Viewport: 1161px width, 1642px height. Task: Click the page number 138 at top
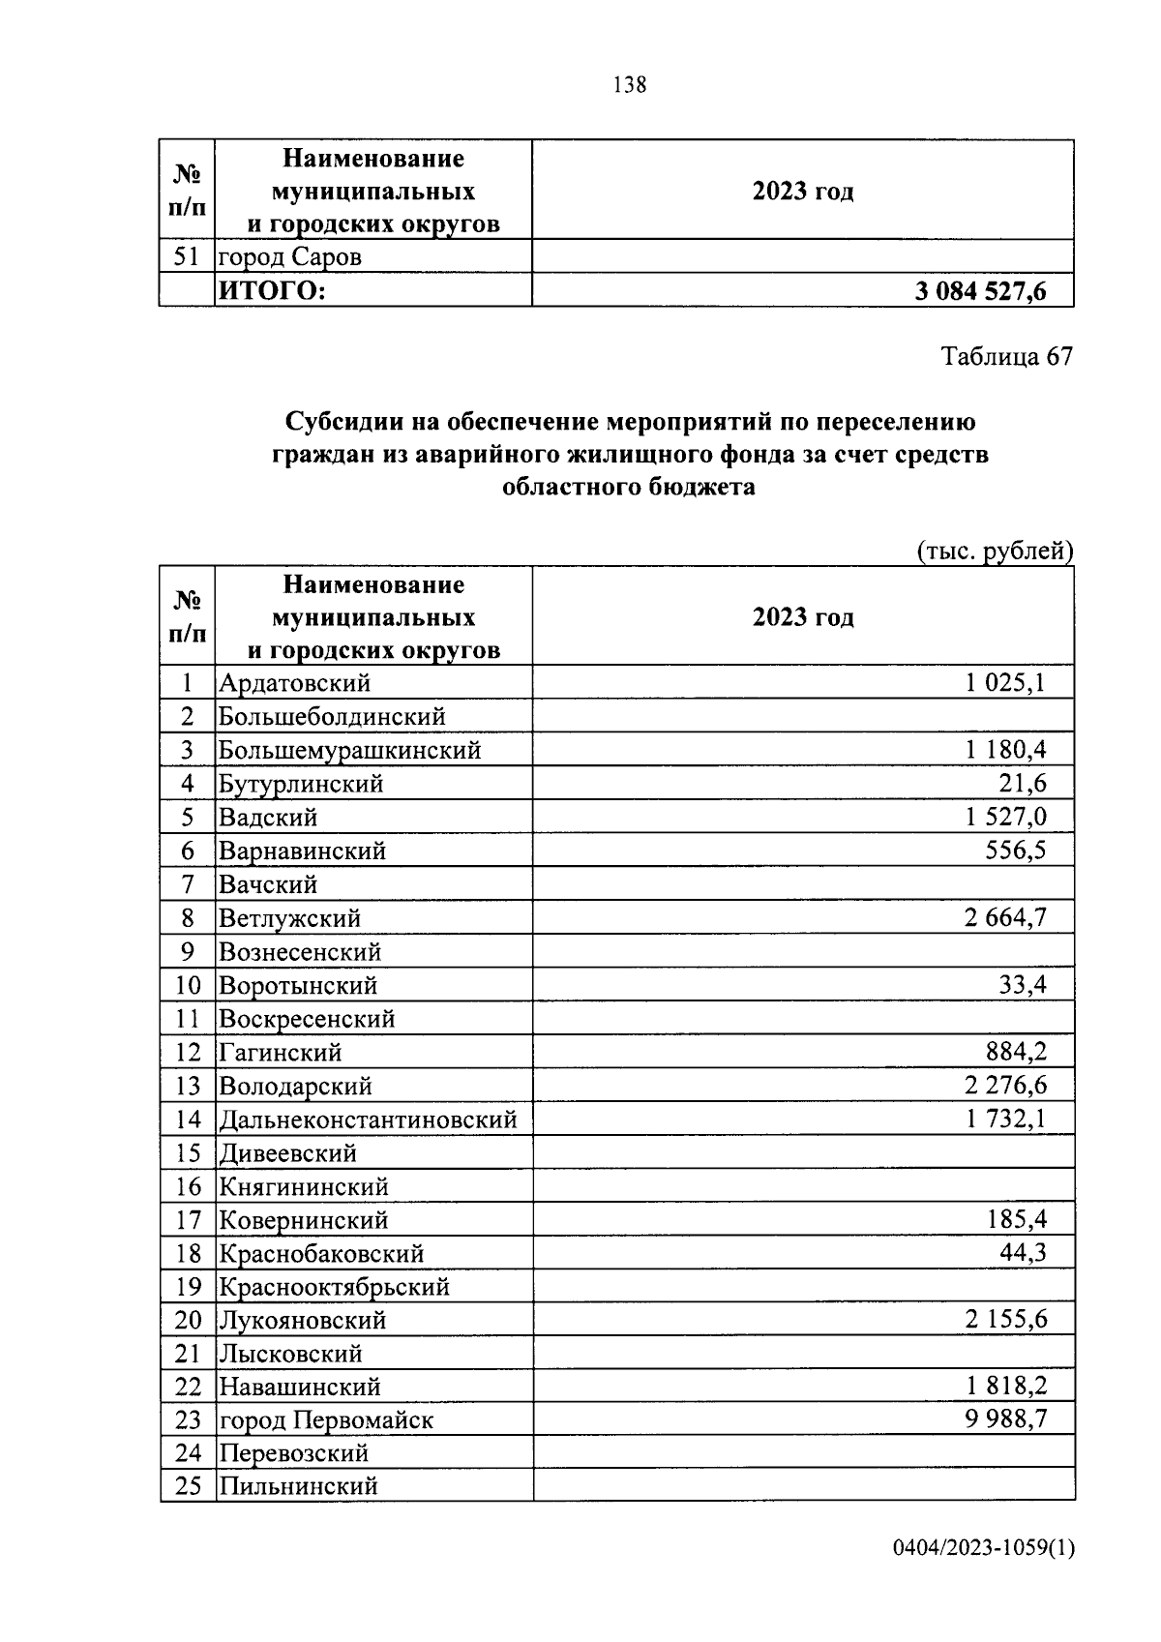click(629, 85)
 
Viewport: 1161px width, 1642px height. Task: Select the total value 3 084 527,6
click(980, 291)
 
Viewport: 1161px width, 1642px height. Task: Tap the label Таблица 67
click(1007, 356)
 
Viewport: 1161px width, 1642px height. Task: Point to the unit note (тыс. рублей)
click(995, 552)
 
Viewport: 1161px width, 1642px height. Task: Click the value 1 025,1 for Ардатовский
click(1005, 683)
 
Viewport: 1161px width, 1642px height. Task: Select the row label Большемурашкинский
click(349, 750)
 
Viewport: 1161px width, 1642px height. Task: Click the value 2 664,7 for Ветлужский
click(1005, 917)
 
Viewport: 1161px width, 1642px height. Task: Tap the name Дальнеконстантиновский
click(368, 1120)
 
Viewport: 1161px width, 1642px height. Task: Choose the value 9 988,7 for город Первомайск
click(1005, 1419)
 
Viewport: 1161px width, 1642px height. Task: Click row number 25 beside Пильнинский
click(188, 1486)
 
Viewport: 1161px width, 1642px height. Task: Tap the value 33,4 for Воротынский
click(1023, 985)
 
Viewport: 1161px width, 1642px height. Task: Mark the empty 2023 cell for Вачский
click(803, 884)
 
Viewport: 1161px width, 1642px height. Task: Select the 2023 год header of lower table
click(803, 617)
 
